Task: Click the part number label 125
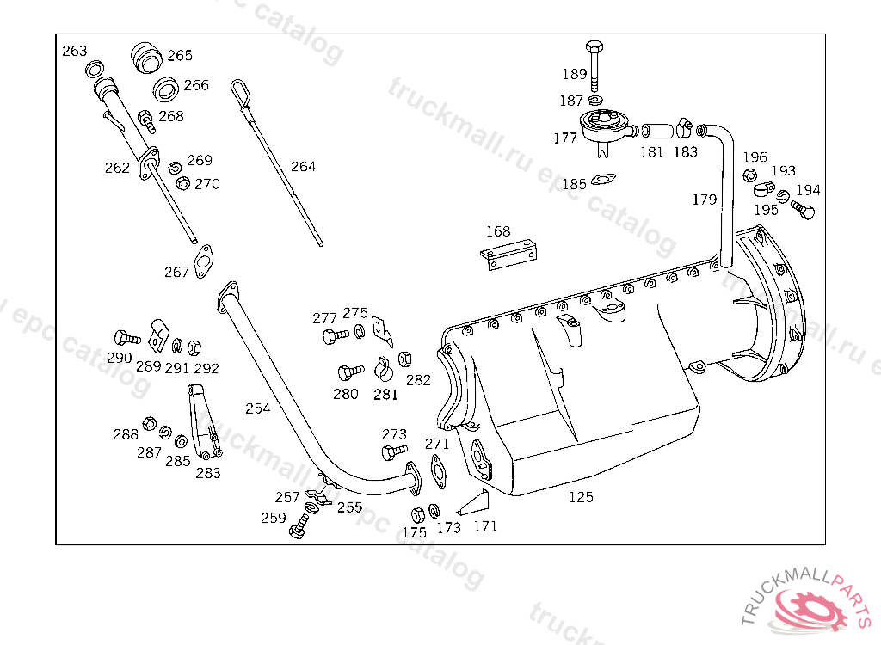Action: click(x=581, y=497)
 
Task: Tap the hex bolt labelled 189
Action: click(x=595, y=65)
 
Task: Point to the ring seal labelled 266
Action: click(x=166, y=90)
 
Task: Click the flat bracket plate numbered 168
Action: click(x=508, y=255)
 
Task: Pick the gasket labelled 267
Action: click(x=203, y=261)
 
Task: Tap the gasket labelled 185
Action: click(x=603, y=179)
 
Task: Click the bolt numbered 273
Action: click(x=394, y=451)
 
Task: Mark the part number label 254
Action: click(x=258, y=408)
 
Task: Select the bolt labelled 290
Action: click(x=126, y=338)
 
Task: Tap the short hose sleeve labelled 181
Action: click(x=656, y=131)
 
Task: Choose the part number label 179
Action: click(x=704, y=200)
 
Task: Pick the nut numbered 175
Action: click(x=417, y=515)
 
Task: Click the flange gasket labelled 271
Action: click(x=438, y=471)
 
